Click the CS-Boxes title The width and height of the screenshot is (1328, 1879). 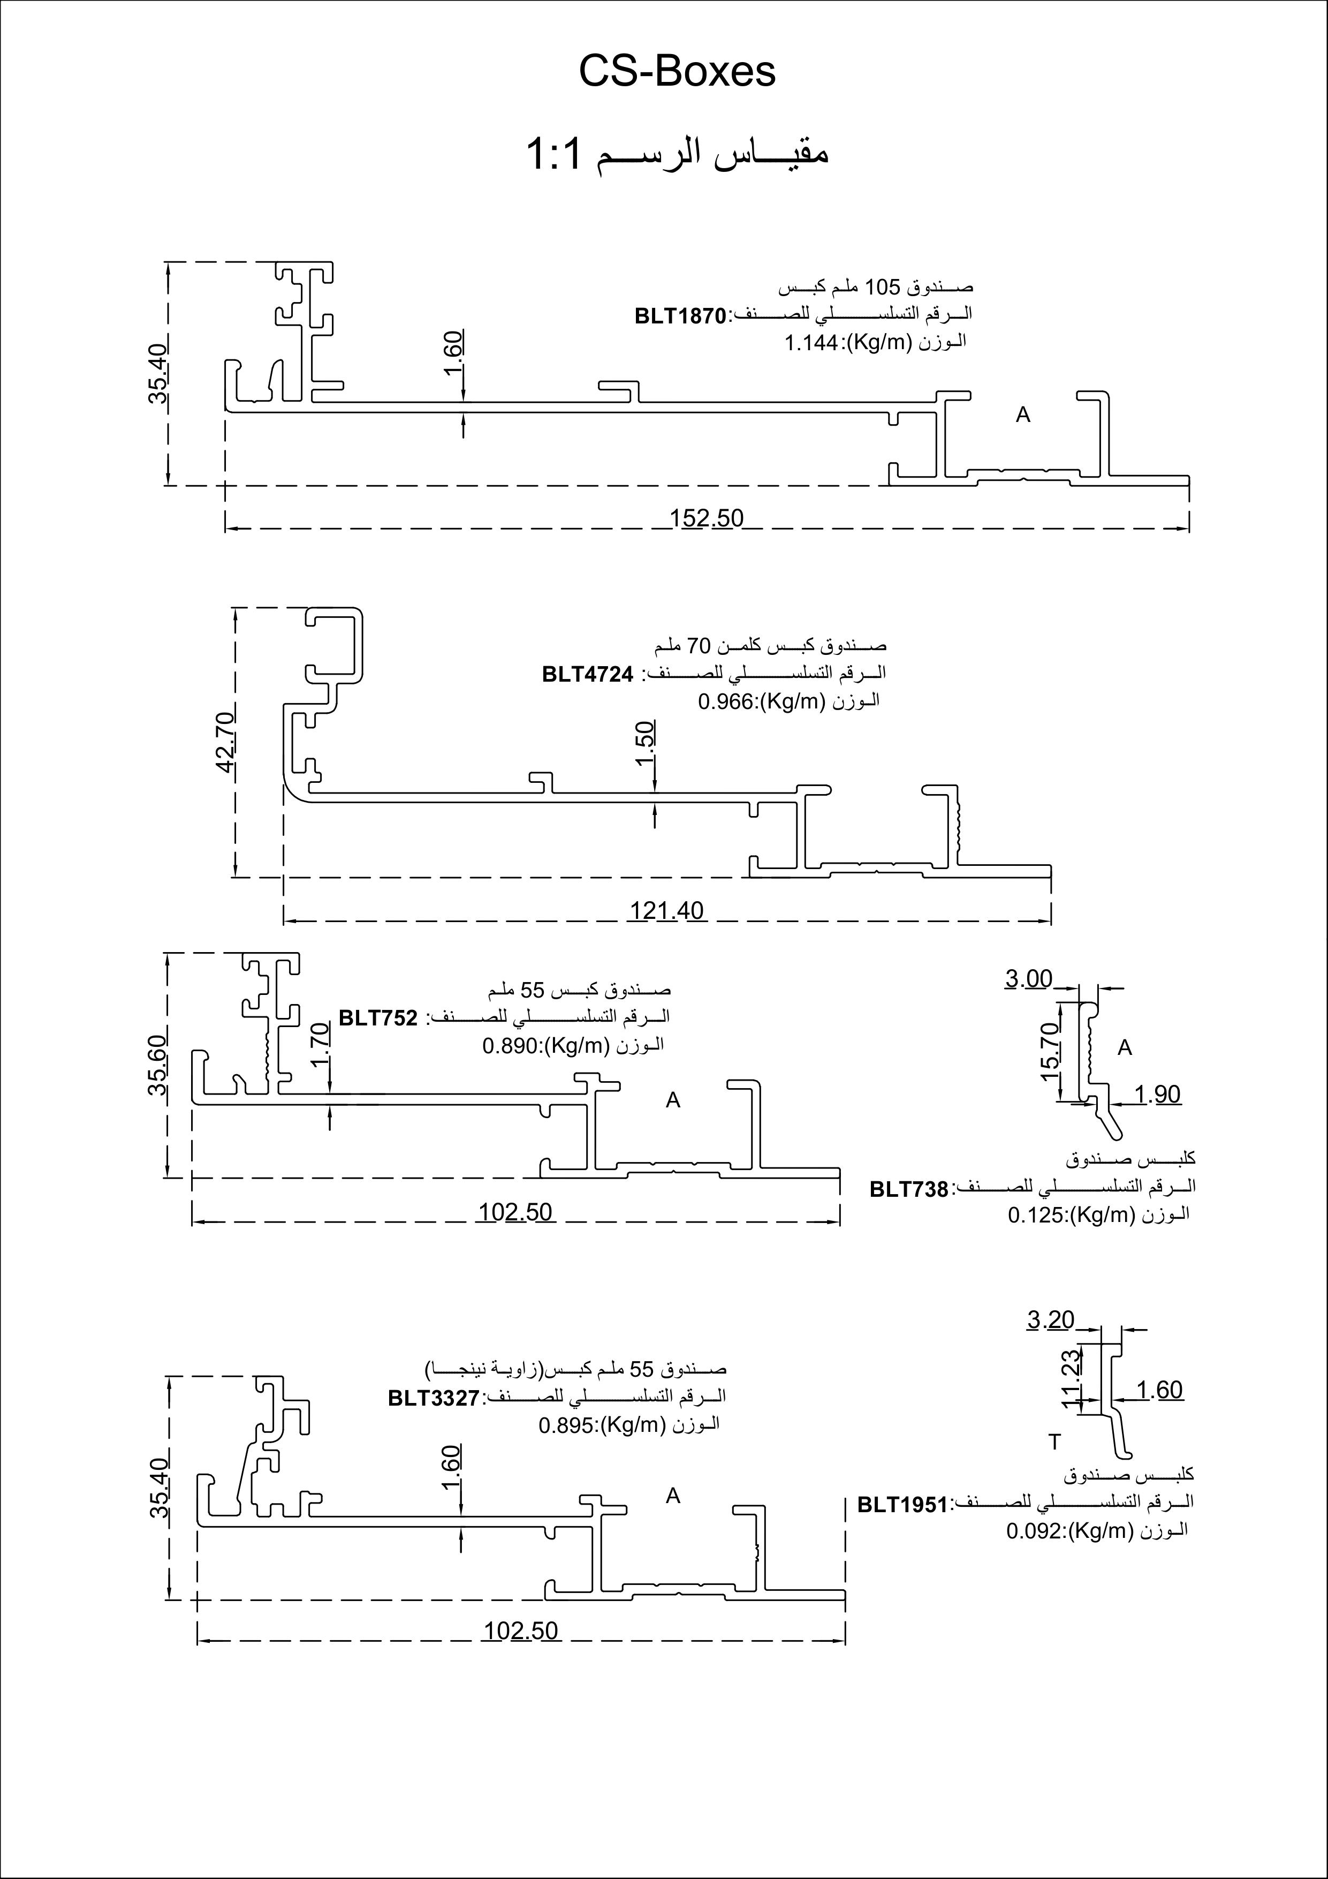pyautogui.click(x=677, y=71)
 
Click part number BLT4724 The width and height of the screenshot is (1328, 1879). pyautogui.click(x=588, y=674)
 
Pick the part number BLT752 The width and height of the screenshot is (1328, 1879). pyautogui.click(x=378, y=1018)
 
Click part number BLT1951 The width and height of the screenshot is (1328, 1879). pyautogui.click(x=902, y=1504)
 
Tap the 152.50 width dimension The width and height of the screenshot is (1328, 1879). pyautogui.click(x=706, y=518)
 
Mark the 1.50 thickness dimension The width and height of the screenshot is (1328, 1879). pyautogui.click(x=645, y=743)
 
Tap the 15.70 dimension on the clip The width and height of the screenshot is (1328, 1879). pyautogui.click(x=1050, y=1051)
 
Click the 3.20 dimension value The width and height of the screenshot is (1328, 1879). pyautogui.click(x=1051, y=1320)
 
